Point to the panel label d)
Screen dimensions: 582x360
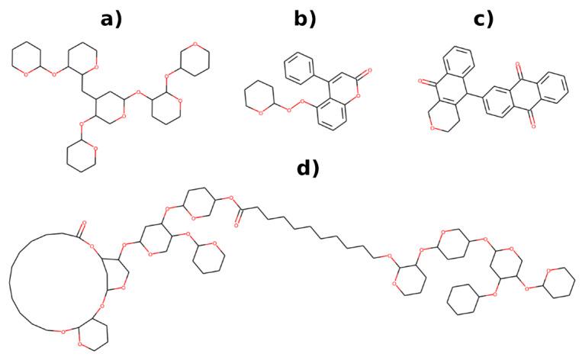[x=307, y=168]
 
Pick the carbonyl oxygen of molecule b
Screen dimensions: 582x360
[x=368, y=70]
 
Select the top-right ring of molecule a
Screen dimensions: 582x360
[x=195, y=62]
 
